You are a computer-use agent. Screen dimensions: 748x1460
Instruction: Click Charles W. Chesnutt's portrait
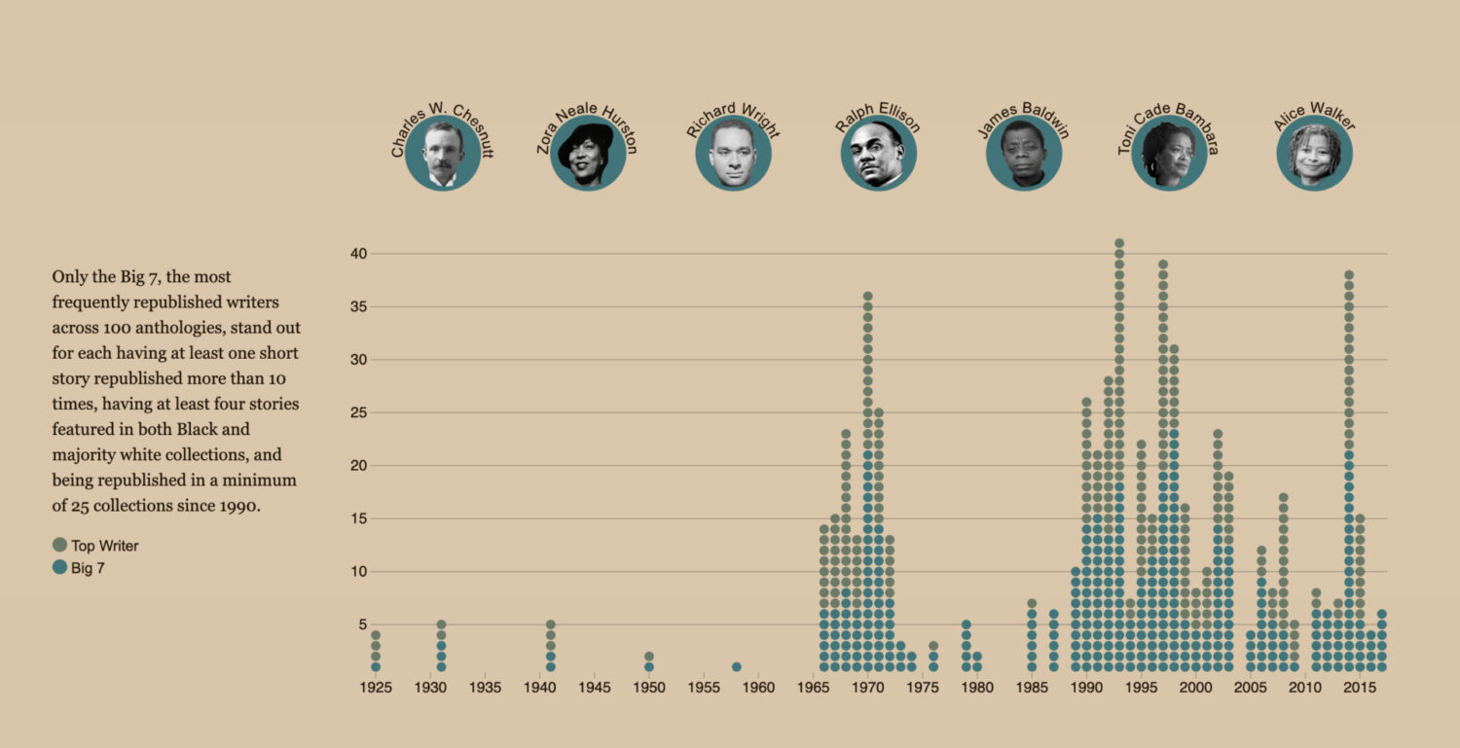click(443, 154)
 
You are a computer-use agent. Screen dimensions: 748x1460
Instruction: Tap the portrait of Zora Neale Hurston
click(588, 154)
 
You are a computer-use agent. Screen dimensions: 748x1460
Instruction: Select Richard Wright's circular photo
click(733, 154)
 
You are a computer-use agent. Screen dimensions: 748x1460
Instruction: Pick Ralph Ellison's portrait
click(878, 154)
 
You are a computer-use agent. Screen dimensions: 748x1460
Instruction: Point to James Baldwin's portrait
click(1024, 154)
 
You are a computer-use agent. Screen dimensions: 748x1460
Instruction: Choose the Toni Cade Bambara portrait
click(1169, 154)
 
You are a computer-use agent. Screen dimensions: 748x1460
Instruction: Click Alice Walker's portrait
click(1314, 154)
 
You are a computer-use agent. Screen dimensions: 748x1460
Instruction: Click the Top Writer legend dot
click(59, 546)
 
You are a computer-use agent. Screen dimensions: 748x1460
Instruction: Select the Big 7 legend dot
click(59, 568)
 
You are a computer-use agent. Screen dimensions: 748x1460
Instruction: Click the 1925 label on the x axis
click(376, 688)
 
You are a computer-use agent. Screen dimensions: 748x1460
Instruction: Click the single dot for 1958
click(737, 667)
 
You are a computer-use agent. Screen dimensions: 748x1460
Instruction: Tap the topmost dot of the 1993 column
click(1119, 243)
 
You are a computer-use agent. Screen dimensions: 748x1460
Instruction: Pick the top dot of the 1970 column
click(867, 296)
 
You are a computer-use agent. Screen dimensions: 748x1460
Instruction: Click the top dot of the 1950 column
click(649, 657)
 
